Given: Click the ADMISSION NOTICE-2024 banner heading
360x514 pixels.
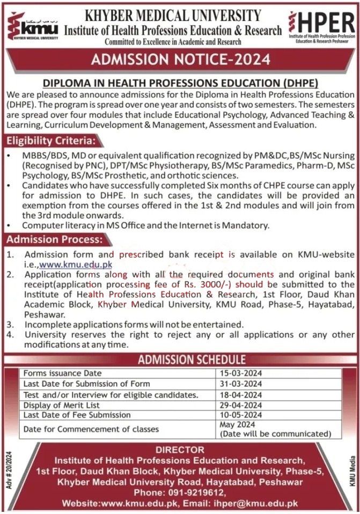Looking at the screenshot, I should (180, 59).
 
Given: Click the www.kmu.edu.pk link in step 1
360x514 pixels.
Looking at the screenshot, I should (76, 263).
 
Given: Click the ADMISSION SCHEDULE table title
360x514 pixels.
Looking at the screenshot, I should (192, 359).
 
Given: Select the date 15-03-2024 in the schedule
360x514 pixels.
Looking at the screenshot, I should (241, 373).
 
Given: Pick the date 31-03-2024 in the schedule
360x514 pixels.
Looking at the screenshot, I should (241, 384).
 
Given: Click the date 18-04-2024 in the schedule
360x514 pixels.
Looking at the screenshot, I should (241, 394).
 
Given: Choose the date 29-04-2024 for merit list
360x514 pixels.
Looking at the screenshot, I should (241, 405).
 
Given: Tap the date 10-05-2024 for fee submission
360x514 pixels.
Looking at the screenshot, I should (241, 415).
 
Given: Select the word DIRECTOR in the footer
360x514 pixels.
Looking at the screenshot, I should (180, 450).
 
